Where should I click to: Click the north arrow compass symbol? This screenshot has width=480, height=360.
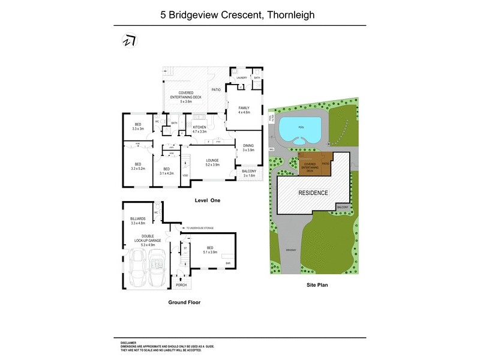click(129, 40)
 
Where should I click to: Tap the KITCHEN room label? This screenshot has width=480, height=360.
click(199, 128)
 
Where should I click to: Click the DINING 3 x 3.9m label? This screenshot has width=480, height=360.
click(248, 147)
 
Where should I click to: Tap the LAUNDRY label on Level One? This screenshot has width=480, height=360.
click(242, 78)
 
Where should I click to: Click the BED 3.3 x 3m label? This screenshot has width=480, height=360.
click(138, 127)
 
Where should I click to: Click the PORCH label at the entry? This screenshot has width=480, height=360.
click(181, 284)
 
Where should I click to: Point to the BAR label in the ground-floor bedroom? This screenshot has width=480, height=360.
click(227, 263)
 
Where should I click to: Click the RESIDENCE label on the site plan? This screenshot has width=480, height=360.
click(313, 193)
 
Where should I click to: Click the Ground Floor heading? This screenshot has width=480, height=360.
click(185, 302)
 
